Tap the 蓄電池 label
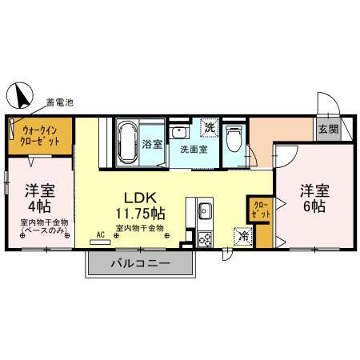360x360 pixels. point(60,102)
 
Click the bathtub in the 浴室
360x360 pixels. point(128,144)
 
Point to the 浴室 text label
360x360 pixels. point(151,146)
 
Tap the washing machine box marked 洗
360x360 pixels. point(208,128)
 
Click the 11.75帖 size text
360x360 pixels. point(138,214)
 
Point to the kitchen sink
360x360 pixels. point(203,211)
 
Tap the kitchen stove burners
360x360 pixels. point(203,238)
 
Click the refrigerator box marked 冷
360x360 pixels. point(241,237)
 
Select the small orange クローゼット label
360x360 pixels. point(261,211)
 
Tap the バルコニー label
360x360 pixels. point(140,262)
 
